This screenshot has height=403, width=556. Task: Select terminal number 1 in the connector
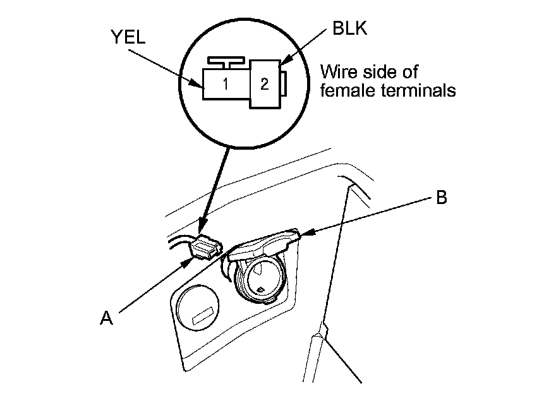[225, 83]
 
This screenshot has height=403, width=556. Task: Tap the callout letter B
[442, 197]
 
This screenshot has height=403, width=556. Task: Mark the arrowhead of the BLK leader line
[281, 64]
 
